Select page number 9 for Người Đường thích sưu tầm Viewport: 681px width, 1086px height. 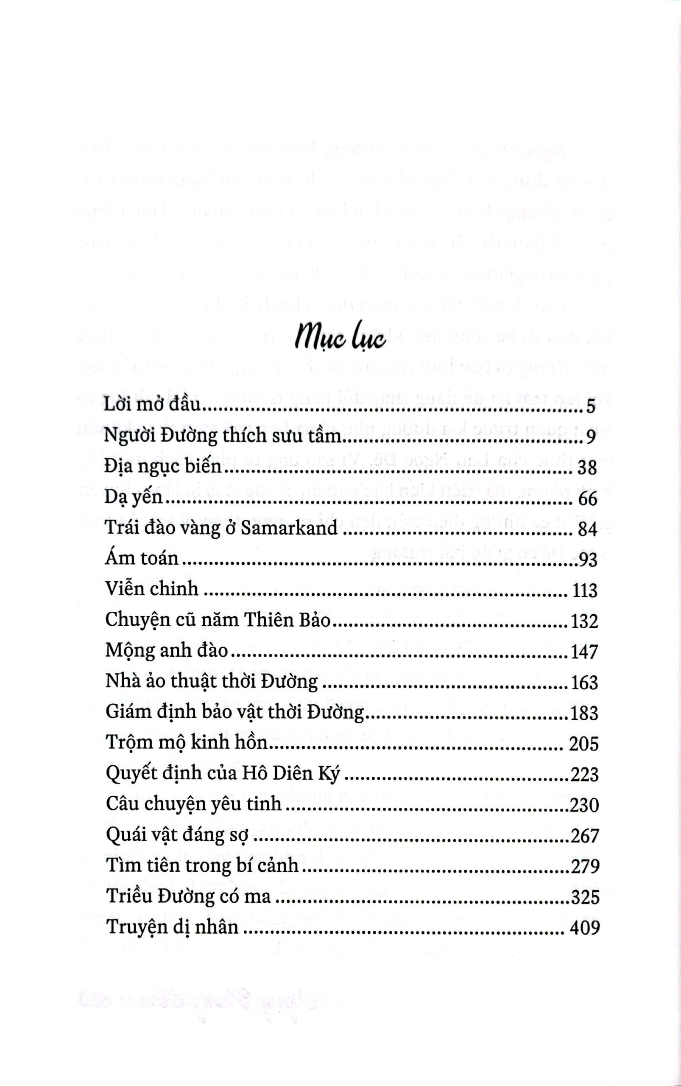click(592, 437)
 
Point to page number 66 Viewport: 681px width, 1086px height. click(586, 498)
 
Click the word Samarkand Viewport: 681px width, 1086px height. click(289, 528)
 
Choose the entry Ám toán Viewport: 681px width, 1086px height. click(142, 559)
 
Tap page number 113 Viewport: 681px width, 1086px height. click(584, 590)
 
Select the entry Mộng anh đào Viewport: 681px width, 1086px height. click(167, 651)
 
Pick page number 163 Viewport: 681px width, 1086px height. click(584, 682)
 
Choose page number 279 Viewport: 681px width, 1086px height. click(584, 866)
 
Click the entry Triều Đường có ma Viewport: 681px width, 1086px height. click(189, 896)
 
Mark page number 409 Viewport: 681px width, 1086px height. click(585, 927)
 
